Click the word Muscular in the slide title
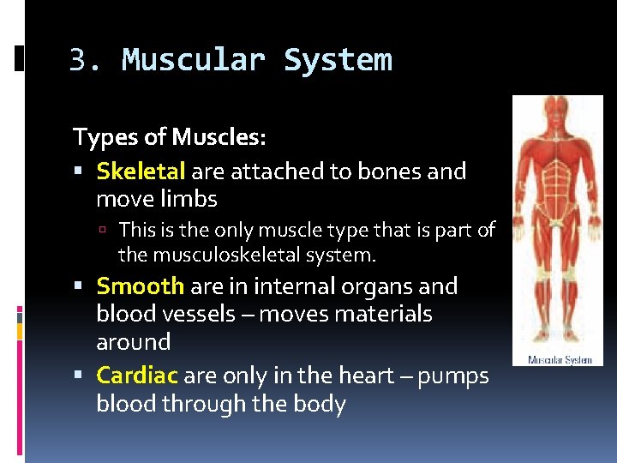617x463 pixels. [194, 61]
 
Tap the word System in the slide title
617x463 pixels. [338, 61]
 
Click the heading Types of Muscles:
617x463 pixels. [170, 136]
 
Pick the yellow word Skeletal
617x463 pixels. [141, 171]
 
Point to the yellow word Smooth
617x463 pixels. [140, 286]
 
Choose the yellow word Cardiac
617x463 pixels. [137, 376]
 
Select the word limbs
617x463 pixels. [190, 200]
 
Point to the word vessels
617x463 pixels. [204, 315]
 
